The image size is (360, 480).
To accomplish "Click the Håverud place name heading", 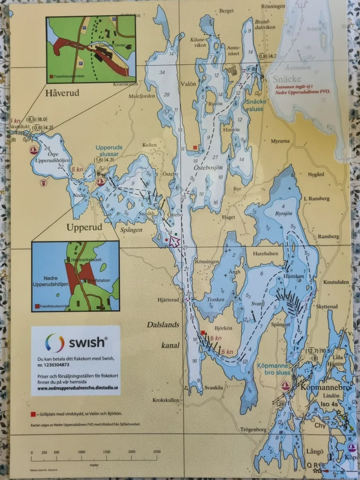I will click(62, 93).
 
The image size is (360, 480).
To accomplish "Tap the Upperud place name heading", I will click(84, 228).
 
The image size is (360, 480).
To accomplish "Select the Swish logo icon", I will click(55, 343).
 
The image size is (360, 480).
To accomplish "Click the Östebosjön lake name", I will click(207, 168).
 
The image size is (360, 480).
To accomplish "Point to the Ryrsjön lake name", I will click(283, 213).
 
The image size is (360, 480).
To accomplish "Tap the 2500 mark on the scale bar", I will click(157, 452).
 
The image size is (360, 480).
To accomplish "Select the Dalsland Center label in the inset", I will click(113, 46).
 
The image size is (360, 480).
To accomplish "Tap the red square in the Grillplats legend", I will click(33, 414).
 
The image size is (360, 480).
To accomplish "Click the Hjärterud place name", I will click(168, 300).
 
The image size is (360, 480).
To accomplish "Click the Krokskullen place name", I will click(165, 400).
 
